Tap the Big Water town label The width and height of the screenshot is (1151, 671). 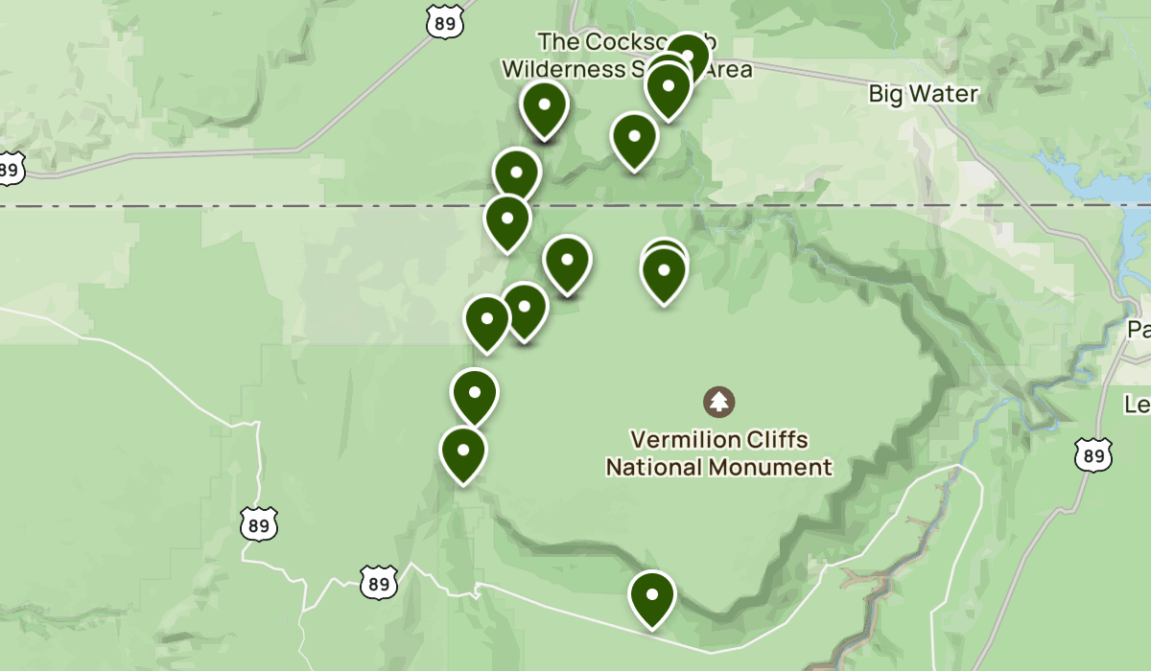[923, 94]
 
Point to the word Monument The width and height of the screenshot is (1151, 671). [771, 468]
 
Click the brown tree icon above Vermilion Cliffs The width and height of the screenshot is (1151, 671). [719, 402]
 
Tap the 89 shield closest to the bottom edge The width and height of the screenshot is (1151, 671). [379, 582]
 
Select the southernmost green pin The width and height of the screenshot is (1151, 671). [652, 595]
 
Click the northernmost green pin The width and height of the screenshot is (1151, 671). [687, 56]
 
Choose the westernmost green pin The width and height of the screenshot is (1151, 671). [462, 451]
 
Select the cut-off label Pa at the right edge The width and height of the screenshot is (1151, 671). [1139, 330]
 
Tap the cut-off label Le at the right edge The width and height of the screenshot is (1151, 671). [1138, 405]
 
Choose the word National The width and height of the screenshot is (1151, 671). [655, 468]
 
